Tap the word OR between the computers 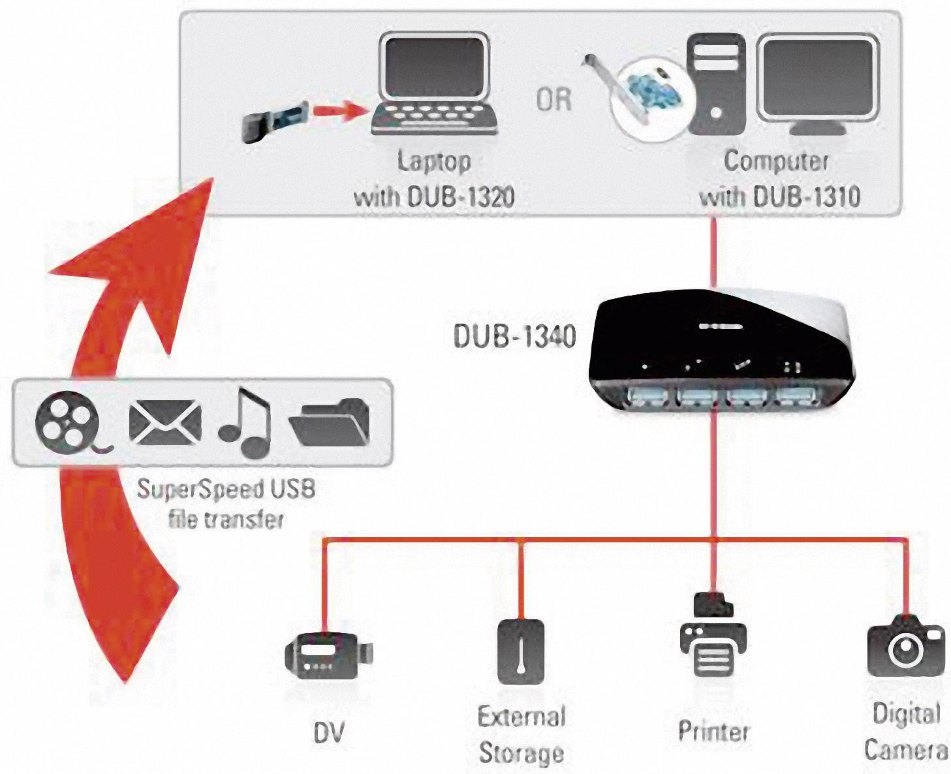coord(554,100)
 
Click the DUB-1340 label coord(514,336)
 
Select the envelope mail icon coord(164,422)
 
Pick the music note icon coord(245,422)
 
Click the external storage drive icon coord(520,651)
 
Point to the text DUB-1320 coord(461,196)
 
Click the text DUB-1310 coord(807,196)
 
